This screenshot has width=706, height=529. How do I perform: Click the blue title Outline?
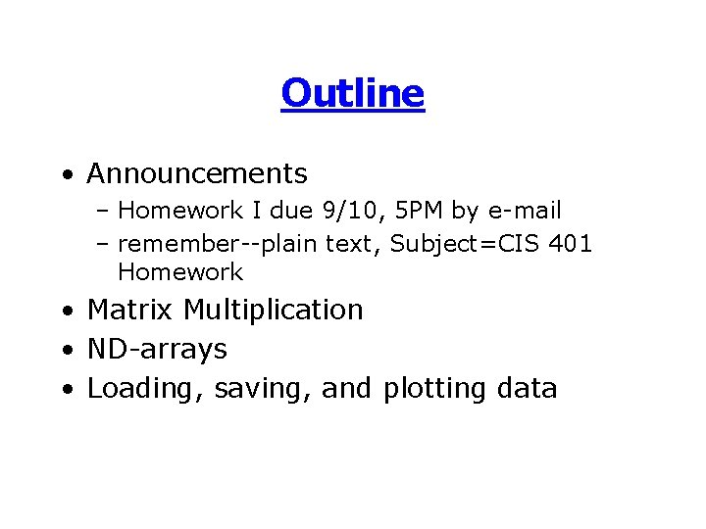tap(352, 94)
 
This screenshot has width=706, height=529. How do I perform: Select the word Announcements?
tap(197, 174)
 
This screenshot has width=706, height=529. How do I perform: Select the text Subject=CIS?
tap(460, 242)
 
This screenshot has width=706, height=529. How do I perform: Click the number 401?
tap(571, 242)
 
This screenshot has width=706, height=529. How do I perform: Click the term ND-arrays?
tap(157, 350)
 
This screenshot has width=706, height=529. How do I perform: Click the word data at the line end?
tap(527, 389)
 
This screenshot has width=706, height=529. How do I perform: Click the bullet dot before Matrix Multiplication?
tap(65, 312)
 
